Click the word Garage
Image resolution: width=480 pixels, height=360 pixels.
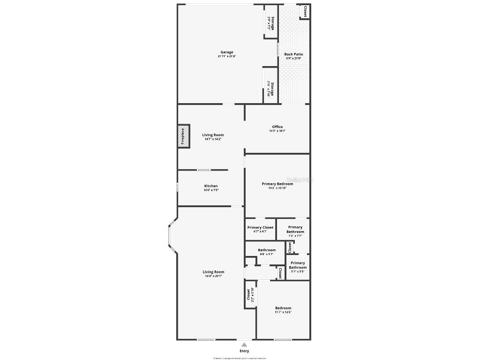pyautogui.click(x=227, y=52)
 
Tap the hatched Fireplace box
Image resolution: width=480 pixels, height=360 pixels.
pyautogui.click(x=183, y=136)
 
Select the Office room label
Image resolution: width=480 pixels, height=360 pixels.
pyautogui.click(x=277, y=127)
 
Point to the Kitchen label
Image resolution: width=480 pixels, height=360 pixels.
pyautogui.click(x=210, y=186)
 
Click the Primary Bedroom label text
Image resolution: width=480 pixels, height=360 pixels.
pyautogui.click(x=277, y=184)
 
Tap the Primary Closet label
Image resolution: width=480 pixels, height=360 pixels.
pyautogui.click(x=260, y=227)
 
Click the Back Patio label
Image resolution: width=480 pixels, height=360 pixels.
pyautogui.click(x=294, y=54)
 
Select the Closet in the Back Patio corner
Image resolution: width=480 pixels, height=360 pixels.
pyautogui.click(x=305, y=12)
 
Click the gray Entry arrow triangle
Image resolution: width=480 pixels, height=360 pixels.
pyautogui.click(x=244, y=345)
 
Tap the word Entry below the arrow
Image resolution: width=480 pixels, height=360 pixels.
pyautogui.click(x=244, y=351)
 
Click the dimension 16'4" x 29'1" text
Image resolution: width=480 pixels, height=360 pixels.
pyautogui.click(x=213, y=276)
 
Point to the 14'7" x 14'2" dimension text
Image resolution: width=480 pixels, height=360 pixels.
pyautogui.click(x=212, y=139)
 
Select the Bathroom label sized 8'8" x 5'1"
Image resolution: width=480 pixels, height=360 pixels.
pyautogui.click(x=267, y=250)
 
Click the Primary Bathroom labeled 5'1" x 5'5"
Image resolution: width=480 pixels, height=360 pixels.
pyautogui.click(x=298, y=265)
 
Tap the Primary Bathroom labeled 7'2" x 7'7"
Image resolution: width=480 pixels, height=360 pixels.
pyautogui.click(x=295, y=229)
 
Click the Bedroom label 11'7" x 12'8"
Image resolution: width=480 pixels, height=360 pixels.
pyautogui.click(x=283, y=308)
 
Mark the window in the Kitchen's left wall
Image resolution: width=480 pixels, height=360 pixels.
pyautogui.click(x=177, y=187)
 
